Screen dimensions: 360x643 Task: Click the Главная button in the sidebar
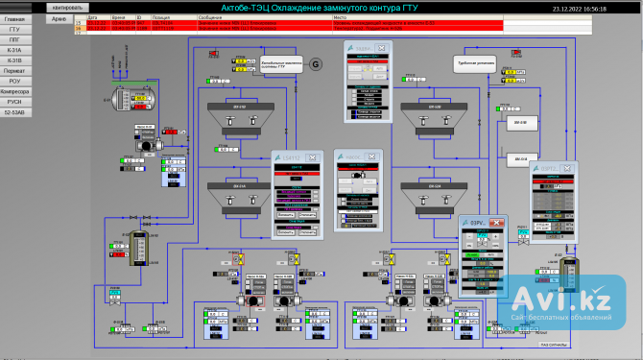[x=14, y=19]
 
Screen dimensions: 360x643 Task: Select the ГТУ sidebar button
[x=14, y=29]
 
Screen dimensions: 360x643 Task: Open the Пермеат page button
[x=14, y=70]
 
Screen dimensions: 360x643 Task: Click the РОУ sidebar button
[x=14, y=81]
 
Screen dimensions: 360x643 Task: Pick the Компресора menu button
[x=14, y=91]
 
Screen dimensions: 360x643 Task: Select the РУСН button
[x=14, y=101]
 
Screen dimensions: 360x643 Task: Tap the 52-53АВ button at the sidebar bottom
[x=14, y=111]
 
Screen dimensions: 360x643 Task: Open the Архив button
[x=60, y=18]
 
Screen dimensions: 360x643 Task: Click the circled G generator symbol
[x=316, y=63]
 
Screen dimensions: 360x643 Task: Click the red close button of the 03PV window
[x=497, y=222]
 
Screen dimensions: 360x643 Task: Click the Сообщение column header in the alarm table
[x=211, y=17]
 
